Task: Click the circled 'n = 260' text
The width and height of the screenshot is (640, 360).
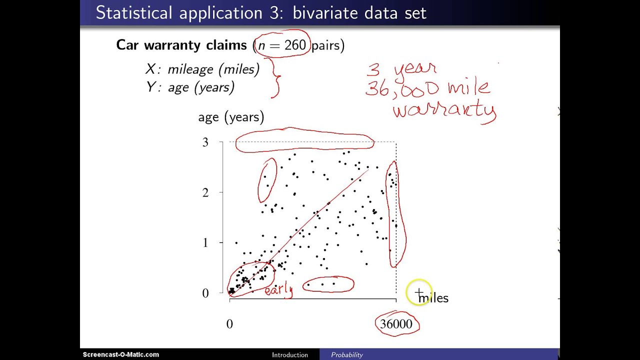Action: pos(281,45)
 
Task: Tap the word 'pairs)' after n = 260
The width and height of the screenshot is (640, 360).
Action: pos(327,45)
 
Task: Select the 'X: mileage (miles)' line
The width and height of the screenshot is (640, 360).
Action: pos(202,69)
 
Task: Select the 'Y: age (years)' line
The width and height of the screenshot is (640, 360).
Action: pos(190,87)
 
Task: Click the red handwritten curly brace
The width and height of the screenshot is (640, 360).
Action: pos(273,78)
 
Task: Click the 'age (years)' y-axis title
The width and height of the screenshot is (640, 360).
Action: pos(231,117)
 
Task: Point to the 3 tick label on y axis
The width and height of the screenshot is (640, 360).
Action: pos(205,142)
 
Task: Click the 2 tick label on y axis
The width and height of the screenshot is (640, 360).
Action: pos(205,192)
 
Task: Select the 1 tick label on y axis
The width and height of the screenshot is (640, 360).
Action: pos(205,242)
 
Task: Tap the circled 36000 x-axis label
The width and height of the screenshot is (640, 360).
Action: pos(396,324)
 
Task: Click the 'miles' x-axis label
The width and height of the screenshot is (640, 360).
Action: pos(434,298)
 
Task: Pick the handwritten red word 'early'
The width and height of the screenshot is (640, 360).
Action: pos(278,290)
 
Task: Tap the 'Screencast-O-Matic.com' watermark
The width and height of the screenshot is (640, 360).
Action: pos(121,354)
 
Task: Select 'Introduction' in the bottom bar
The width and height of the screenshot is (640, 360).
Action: pos(290,355)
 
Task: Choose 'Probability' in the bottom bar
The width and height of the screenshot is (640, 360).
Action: pos(346,355)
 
